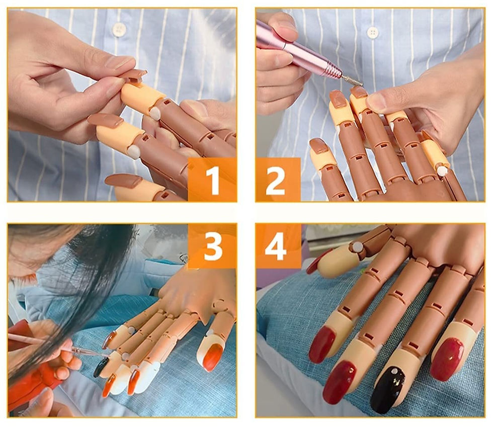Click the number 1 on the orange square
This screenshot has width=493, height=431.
[x=212, y=180]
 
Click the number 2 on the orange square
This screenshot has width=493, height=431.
[x=276, y=180]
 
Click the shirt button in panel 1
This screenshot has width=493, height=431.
[x=119, y=29]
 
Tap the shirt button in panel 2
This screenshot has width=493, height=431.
[x=373, y=32]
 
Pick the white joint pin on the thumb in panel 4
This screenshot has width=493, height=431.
[x=356, y=247]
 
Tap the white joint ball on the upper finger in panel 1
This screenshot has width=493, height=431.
[x=154, y=113]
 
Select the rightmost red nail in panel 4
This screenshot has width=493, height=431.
[x=447, y=359]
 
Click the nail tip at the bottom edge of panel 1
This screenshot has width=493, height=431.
[x=123, y=181]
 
